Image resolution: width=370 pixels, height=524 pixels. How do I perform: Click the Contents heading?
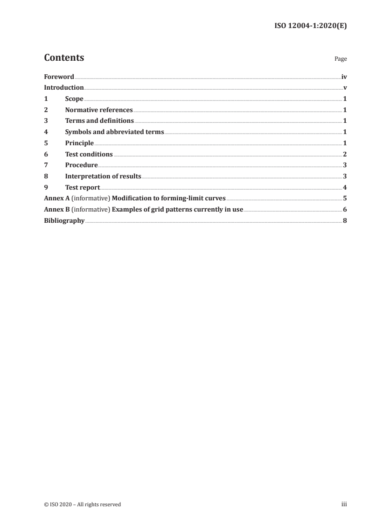64,58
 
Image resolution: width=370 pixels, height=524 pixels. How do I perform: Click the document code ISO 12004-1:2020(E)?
310,26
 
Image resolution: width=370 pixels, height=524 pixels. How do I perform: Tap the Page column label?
341,59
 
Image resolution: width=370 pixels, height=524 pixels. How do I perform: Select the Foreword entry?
59,77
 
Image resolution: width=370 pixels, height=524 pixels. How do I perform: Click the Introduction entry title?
64,88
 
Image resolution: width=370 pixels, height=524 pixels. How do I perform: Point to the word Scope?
74,99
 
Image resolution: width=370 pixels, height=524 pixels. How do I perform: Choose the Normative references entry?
99,110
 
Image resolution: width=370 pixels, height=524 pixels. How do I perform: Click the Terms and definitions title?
99,121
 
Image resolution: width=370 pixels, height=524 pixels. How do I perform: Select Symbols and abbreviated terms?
114,132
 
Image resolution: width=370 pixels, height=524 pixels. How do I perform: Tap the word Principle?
79,143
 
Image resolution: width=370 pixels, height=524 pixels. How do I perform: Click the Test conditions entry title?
89,154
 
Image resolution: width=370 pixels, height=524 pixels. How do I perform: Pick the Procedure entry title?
81,165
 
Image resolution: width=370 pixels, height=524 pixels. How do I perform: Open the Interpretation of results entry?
103,176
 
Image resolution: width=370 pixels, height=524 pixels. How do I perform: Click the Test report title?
83,187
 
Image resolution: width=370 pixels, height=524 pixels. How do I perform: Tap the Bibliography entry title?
64,220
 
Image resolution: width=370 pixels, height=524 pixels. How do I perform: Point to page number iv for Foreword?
344,77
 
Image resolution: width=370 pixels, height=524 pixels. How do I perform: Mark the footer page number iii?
344,504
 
